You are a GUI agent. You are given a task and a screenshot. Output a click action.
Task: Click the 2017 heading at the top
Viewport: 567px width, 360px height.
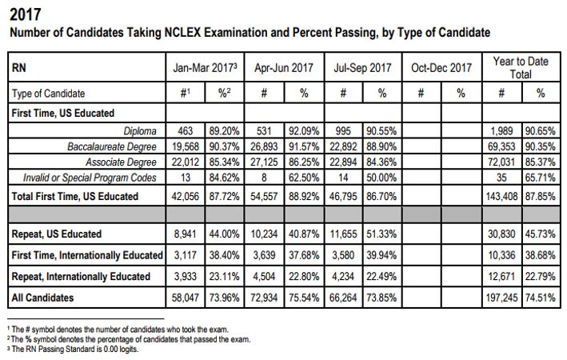26,15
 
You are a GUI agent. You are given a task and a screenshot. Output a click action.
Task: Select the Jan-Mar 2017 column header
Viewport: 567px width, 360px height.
205,68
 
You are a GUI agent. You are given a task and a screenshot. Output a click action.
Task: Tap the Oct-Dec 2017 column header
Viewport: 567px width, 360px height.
441,68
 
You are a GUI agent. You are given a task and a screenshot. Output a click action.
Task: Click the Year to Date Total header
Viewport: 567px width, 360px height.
521,68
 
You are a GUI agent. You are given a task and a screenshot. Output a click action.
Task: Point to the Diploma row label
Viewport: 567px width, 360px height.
140,130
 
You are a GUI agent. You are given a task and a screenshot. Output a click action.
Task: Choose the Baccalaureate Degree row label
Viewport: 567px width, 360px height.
112,146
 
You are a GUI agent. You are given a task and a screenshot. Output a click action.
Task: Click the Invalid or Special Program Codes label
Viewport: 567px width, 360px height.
90,178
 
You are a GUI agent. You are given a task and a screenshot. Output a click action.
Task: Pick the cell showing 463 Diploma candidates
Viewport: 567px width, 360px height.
186,130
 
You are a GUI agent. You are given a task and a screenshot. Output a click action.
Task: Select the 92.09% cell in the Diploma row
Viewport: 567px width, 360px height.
304,130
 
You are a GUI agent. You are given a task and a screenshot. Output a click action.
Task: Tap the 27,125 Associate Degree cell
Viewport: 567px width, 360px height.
264,162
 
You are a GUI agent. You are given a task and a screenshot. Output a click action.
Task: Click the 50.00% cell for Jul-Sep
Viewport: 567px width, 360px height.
381,178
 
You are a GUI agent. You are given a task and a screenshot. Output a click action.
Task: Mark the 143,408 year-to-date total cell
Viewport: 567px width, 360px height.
501,196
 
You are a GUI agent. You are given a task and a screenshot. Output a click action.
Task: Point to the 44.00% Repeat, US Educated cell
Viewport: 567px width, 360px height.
224,234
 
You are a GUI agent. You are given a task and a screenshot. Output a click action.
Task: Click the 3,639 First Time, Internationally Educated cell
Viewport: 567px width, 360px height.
264,255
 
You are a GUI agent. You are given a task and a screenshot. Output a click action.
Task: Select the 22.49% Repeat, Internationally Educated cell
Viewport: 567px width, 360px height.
381,277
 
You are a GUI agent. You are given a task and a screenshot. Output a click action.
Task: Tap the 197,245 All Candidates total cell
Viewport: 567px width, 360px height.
501,298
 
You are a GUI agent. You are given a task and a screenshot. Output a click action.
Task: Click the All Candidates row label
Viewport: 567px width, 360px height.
42,298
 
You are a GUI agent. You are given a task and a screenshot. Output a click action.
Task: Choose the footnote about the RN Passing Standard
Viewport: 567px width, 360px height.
73,349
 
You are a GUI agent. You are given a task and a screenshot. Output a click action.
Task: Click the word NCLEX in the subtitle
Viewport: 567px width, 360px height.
182,33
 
